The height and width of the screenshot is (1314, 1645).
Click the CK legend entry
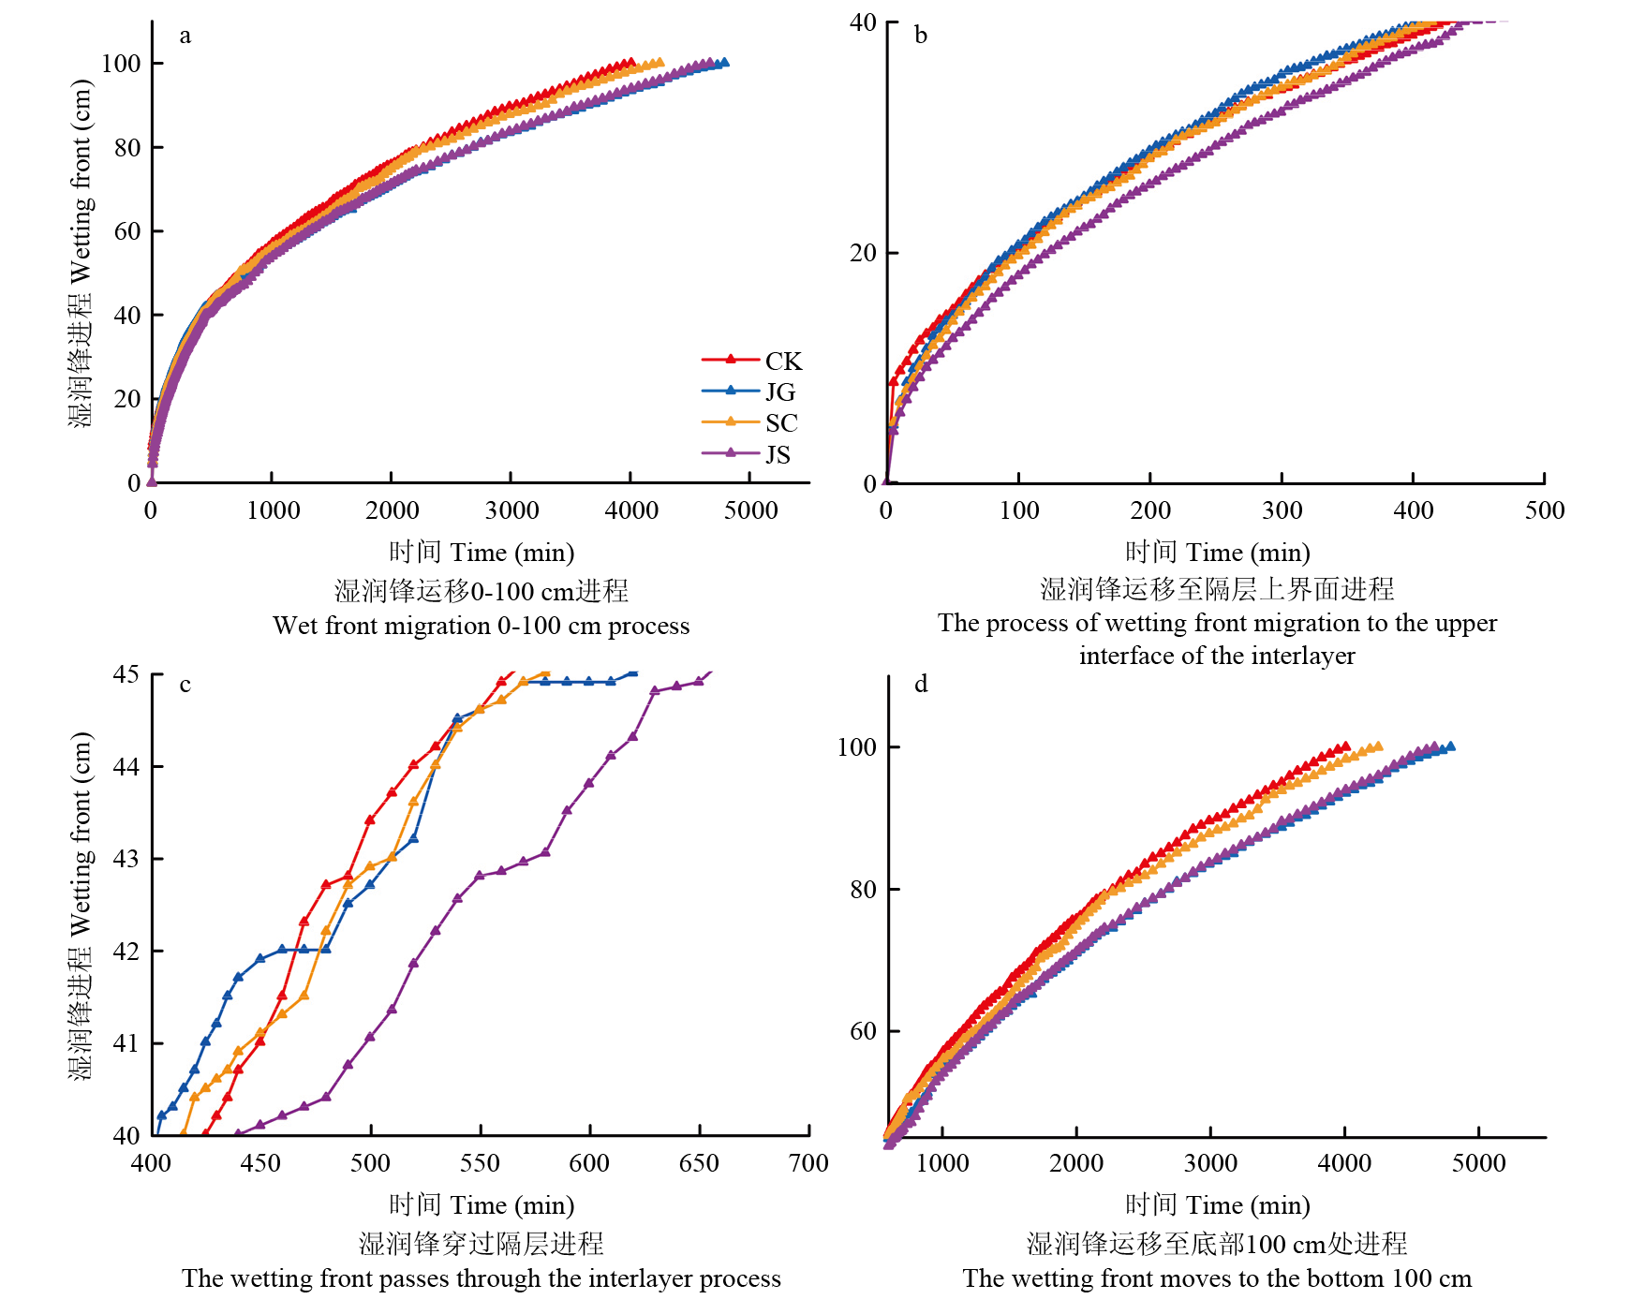(782, 362)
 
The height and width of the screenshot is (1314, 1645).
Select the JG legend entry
(779, 392)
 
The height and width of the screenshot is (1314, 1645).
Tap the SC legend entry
(780, 423)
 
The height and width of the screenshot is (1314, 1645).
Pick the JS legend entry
(777, 455)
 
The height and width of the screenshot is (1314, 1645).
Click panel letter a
(185, 36)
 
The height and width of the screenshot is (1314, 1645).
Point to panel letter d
(921, 684)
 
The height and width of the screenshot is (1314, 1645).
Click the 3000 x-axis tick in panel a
(511, 510)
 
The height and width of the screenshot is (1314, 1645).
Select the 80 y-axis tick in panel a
(126, 148)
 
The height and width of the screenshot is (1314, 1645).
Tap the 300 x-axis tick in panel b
(1282, 510)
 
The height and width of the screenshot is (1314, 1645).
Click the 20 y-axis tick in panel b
(862, 254)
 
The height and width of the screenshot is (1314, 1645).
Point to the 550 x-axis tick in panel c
(480, 1163)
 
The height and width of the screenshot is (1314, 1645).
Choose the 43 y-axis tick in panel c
(126, 859)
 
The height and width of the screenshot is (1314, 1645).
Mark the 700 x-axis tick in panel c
(808, 1163)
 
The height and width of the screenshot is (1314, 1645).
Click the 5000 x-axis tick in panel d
(1478, 1163)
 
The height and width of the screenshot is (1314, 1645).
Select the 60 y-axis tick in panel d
(862, 1031)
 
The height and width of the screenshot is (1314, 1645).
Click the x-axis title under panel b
(1217, 553)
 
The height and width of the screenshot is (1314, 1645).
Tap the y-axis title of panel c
(82, 905)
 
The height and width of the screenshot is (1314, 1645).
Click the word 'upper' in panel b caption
(1463, 623)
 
